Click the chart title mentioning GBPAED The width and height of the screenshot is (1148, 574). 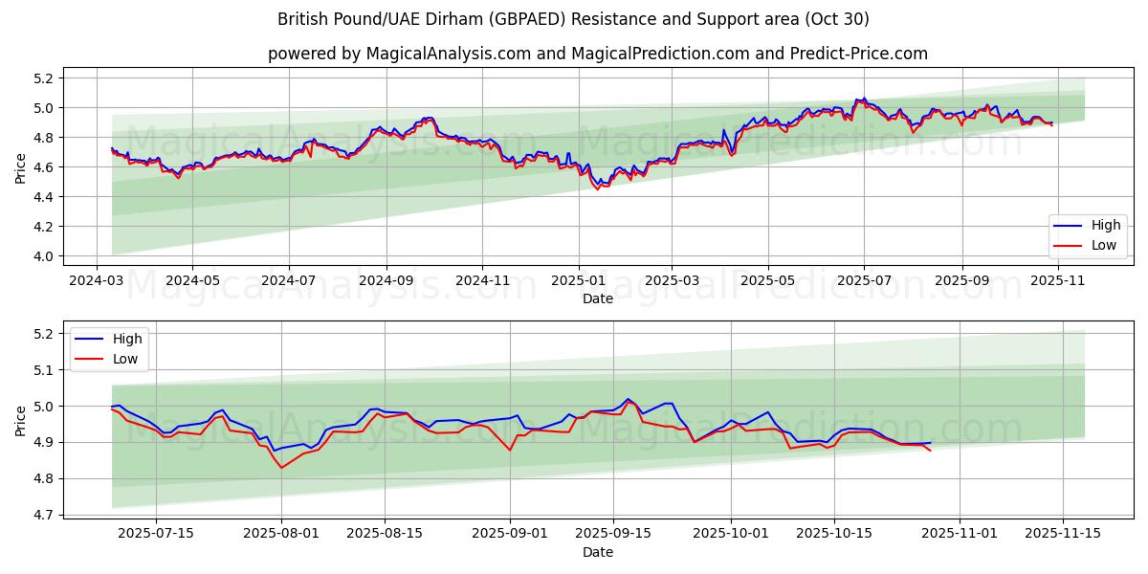573,19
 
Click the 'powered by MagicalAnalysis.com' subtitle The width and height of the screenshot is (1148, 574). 597,54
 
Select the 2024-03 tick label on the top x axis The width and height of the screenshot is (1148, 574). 97,282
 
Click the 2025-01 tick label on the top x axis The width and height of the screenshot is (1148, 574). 578,282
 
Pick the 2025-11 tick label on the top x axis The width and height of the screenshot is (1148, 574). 1057,282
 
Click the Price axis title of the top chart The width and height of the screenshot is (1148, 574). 21,167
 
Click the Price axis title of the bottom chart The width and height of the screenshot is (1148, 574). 21,421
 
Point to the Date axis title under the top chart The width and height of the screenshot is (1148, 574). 597,298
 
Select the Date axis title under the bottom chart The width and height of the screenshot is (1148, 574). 597,552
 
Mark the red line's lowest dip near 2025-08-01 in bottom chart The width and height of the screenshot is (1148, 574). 281,467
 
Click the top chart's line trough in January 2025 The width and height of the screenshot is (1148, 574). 598,188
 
